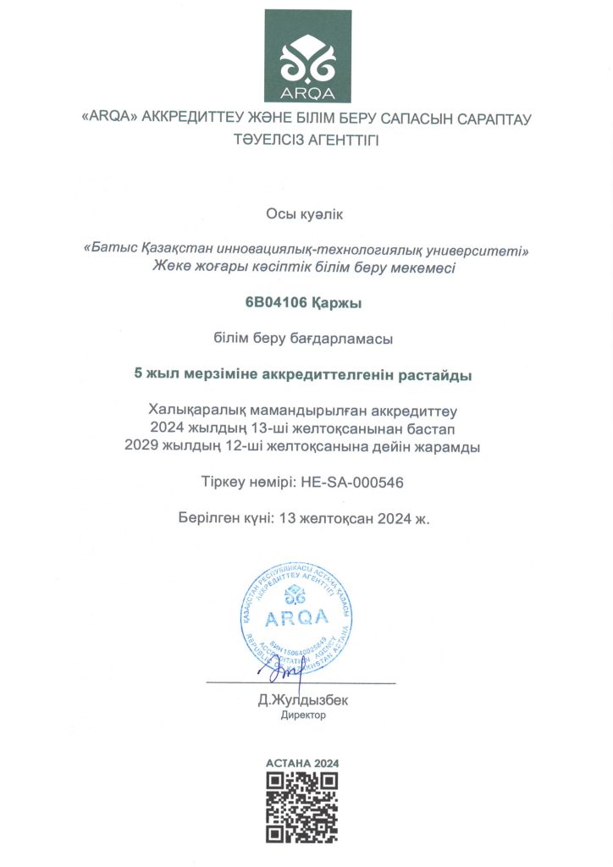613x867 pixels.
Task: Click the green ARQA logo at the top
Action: (x=306, y=56)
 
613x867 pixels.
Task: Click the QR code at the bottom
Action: (x=302, y=808)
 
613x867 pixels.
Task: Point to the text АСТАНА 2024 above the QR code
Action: (x=302, y=763)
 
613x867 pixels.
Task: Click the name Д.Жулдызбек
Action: (x=303, y=700)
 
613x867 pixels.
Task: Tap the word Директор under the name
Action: (x=303, y=715)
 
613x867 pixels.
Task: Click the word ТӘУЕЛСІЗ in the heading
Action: (x=268, y=140)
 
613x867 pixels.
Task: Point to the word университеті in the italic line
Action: (x=483, y=251)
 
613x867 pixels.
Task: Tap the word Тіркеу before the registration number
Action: (x=222, y=483)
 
